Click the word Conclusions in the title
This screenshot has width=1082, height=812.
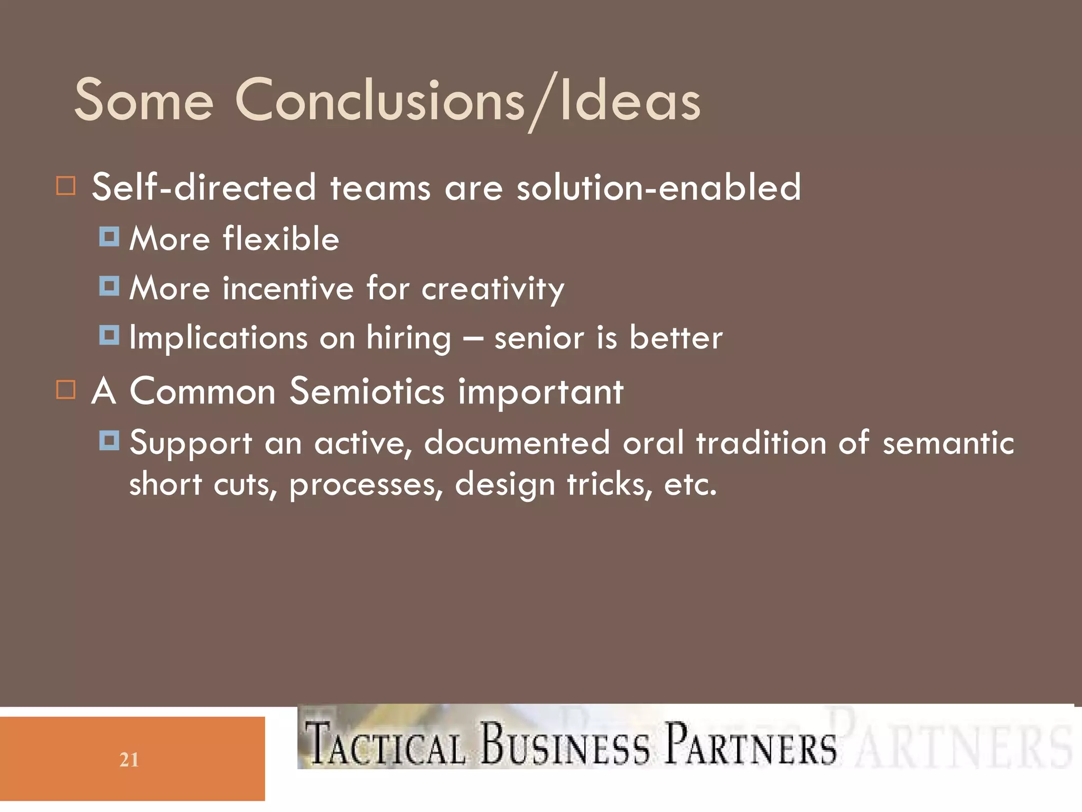(379, 100)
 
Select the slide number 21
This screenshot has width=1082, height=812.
(129, 760)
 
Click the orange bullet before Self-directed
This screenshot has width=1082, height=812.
(66, 186)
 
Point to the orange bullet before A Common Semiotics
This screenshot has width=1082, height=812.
(66, 390)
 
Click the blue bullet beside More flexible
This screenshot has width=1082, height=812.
(109, 237)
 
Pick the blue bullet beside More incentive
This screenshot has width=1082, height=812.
(109, 286)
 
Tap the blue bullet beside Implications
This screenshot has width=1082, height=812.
(109, 335)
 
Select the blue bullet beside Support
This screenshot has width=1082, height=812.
(109, 440)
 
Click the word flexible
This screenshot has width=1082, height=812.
(281, 238)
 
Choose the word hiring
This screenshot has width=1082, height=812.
(408, 338)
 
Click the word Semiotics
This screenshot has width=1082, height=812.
(367, 391)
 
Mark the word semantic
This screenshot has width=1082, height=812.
(948, 442)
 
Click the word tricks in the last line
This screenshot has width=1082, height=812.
(609, 484)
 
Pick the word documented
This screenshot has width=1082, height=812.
(517, 442)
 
